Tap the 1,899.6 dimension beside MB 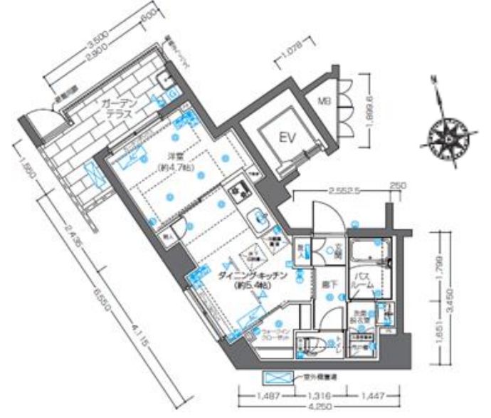click(x=368, y=110)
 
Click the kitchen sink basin click(x=257, y=216)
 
